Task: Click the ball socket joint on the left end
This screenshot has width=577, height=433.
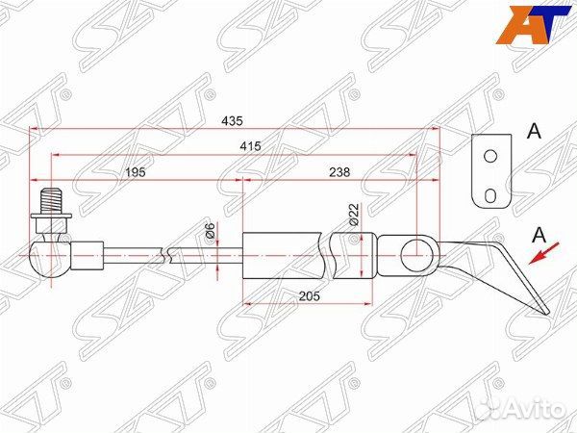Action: [45, 255]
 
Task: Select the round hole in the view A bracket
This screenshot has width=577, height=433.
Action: [489, 156]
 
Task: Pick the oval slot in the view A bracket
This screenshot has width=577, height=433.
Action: [490, 195]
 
